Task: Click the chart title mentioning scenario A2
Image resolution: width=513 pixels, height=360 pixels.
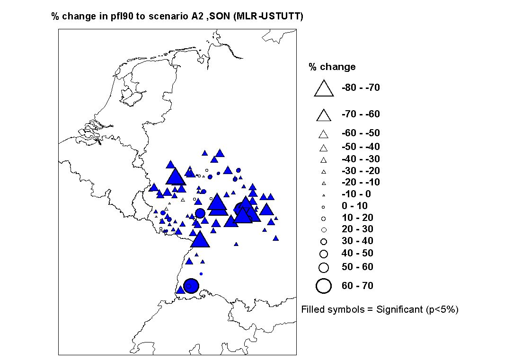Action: [x=177, y=17]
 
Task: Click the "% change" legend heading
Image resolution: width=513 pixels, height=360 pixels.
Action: [x=332, y=67]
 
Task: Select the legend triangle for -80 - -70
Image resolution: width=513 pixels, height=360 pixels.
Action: [x=324, y=88]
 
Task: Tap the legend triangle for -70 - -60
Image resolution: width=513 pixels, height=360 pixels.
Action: [x=324, y=115]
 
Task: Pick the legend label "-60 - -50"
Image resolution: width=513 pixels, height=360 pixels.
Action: [x=361, y=133]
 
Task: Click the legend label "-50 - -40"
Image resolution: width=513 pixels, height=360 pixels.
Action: [x=361, y=147]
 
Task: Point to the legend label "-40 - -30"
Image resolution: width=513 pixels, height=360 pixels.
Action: [x=361, y=159]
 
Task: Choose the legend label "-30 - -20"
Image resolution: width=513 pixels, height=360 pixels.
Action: [x=361, y=171]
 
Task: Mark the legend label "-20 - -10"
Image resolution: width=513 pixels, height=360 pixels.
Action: [x=361, y=182]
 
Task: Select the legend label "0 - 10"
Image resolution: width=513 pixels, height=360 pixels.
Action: [x=354, y=206]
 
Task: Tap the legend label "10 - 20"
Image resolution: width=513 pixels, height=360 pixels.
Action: [x=357, y=218]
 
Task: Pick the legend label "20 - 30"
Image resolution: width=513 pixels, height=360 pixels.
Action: [x=357, y=229]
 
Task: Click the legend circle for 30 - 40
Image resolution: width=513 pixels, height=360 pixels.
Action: [x=324, y=241]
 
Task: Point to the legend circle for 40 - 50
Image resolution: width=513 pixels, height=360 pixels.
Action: [x=324, y=254]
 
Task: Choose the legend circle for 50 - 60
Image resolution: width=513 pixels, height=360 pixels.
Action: [x=324, y=267]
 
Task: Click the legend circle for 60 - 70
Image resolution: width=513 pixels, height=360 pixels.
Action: [x=324, y=286]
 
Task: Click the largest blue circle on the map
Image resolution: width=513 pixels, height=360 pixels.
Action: [x=191, y=286]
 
